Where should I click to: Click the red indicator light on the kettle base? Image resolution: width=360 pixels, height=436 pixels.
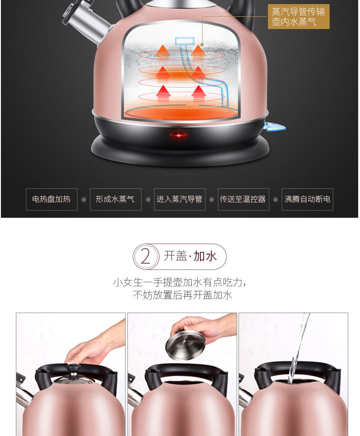(178, 135)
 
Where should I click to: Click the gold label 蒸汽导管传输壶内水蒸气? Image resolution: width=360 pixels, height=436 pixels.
(299, 16)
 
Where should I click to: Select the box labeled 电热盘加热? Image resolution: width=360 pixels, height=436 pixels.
(52, 199)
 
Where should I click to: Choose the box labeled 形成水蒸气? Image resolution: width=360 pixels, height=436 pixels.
(116, 199)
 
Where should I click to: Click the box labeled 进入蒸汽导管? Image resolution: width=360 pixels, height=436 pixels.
(180, 199)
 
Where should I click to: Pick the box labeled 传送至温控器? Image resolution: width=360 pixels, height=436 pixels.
(243, 199)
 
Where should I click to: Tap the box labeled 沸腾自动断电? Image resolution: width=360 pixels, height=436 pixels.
(307, 199)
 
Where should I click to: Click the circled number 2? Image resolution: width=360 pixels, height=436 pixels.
(146, 256)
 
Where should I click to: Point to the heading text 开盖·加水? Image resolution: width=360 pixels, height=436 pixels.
(190, 256)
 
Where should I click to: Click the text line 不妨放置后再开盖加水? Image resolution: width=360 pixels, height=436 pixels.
(183, 295)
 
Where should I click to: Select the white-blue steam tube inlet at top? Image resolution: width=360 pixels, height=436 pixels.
(185, 41)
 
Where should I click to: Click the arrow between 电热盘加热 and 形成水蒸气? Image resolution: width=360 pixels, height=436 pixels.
(83, 199)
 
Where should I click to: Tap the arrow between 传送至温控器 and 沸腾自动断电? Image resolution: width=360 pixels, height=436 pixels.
(275, 199)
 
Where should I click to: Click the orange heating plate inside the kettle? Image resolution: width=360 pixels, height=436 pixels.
(180, 113)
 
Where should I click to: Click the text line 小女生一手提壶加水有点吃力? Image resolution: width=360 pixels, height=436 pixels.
(180, 283)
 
